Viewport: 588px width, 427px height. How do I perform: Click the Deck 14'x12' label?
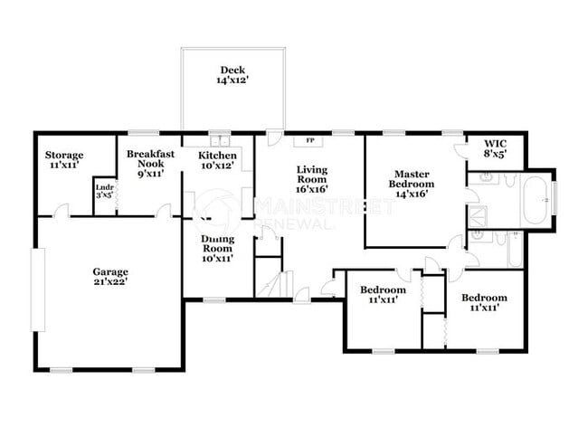232,76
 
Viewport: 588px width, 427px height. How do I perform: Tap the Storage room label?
65,161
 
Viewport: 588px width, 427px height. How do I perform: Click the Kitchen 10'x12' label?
218,161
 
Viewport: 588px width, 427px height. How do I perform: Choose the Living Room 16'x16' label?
311,178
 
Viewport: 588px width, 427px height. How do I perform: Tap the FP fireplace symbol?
310,141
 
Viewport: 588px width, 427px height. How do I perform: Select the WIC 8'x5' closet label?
495,149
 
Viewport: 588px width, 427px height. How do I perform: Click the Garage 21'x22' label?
110,277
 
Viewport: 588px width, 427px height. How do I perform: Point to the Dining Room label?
217,245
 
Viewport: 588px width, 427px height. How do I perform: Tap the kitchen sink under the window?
219,141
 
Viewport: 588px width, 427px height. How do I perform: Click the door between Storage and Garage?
61,211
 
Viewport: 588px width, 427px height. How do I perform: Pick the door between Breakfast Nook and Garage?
164,211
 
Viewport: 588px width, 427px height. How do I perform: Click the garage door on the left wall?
38,289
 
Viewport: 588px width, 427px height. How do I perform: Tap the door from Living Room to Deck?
274,139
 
